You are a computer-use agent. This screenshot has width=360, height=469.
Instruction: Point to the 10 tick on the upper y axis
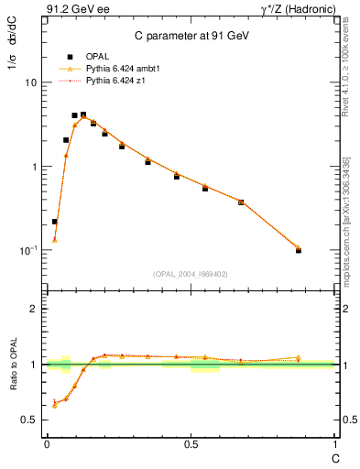29,82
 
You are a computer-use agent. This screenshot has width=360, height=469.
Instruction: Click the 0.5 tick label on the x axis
191,444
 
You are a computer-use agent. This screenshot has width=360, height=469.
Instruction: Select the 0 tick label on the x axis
47,444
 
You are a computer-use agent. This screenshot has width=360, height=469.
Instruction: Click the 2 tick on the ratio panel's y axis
33,309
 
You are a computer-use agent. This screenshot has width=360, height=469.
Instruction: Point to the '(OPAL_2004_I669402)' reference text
190,273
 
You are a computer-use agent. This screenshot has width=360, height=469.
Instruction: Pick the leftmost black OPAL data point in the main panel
55,222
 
